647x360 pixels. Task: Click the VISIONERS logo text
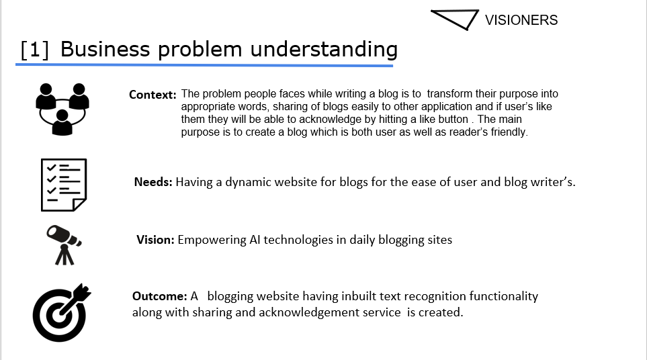point(521,19)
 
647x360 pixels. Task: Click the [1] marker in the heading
point(35,50)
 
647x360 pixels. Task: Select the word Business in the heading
point(105,49)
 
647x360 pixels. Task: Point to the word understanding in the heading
point(324,50)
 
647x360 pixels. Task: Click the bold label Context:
point(153,95)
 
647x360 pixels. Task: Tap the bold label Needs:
point(153,182)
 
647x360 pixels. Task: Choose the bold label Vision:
point(156,240)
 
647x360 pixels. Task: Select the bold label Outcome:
point(160,296)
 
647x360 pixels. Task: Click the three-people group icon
point(62,109)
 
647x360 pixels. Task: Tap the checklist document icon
point(64,185)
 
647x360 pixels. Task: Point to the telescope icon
point(64,245)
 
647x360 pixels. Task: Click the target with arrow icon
point(62,312)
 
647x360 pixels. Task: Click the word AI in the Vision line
point(255,240)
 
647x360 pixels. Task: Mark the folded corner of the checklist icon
point(80,205)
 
